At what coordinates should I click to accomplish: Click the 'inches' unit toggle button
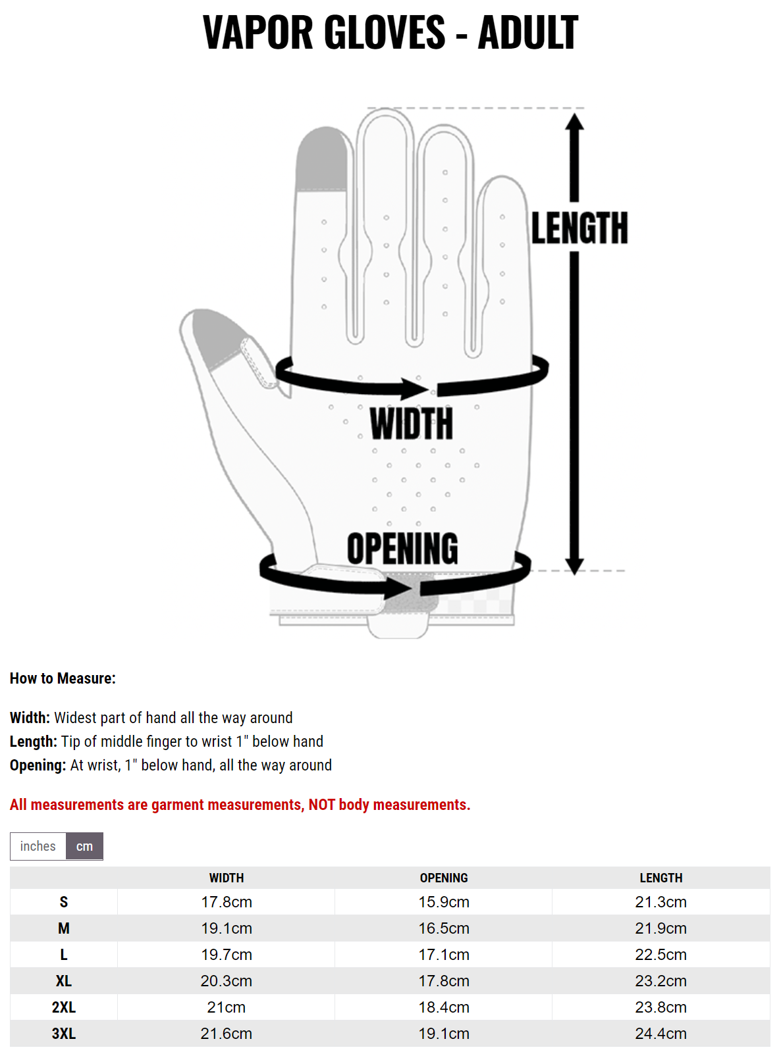38,846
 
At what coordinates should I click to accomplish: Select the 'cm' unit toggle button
85,846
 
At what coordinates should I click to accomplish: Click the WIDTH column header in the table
227,878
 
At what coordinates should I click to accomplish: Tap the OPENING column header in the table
443,878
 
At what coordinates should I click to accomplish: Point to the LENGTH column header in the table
661,878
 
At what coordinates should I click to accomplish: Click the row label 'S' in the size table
64,902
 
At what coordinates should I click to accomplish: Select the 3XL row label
64,1034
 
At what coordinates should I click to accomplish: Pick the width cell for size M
227,928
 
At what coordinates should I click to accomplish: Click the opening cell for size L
443,955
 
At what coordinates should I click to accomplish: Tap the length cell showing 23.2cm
661,981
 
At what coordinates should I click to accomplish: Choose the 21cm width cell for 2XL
227,1007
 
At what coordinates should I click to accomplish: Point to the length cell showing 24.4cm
661,1034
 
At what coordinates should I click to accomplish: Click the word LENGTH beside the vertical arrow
579,228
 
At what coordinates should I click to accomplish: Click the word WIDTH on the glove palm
412,424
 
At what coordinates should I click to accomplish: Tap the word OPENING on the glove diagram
402,548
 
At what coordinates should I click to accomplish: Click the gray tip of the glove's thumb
215,336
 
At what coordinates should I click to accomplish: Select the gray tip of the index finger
321,159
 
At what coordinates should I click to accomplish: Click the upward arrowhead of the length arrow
574,122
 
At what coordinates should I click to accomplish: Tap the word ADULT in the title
528,32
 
